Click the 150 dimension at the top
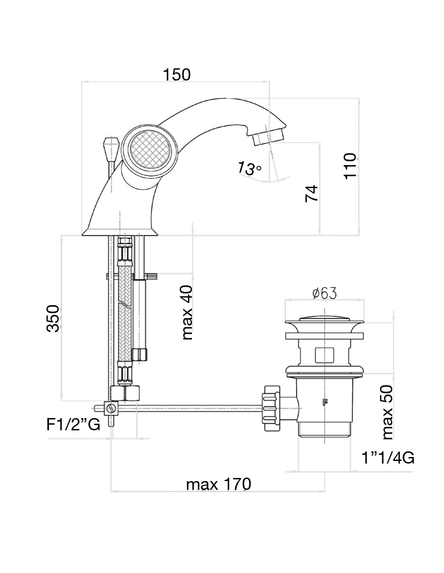coord(177,75)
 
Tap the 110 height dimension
coord(350,165)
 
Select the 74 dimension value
coord(312,193)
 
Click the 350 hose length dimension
coord(53,318)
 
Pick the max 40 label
coord(187,313)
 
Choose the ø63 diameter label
coord(324,293)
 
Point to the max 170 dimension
coord(218,485)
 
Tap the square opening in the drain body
coord(324,355)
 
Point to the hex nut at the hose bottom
coord(125,393)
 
